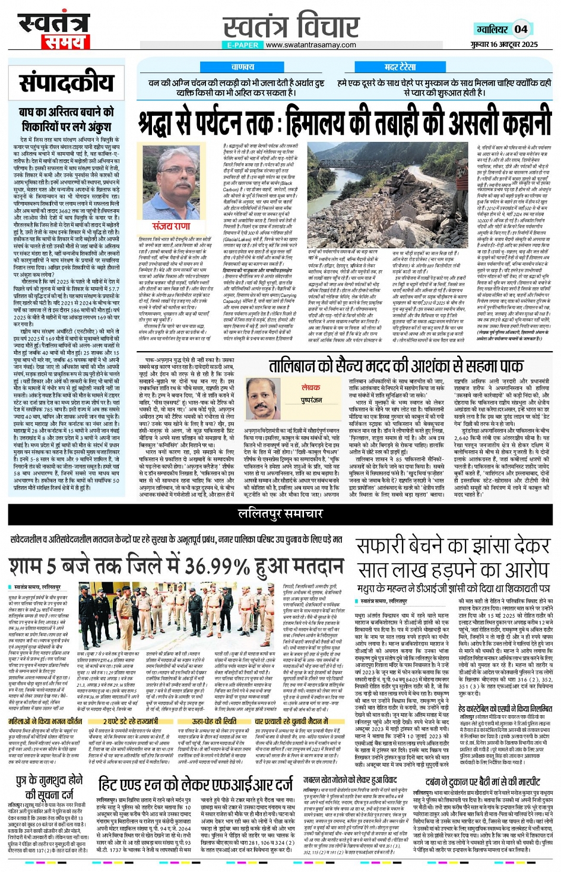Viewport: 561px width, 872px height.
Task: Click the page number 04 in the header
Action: click(x=521, y=29)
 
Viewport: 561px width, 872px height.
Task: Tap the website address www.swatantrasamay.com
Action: click(x=310, y=45)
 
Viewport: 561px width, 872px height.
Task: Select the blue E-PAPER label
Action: click(x=243, y=45)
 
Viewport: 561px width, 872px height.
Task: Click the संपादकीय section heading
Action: click(x=66, y=83)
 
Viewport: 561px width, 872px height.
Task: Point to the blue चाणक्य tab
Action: click(x=243, y=67)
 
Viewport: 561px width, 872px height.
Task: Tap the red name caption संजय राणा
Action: click(x=171, y=226)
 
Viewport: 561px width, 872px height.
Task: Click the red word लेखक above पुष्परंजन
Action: click(x=310, y=387)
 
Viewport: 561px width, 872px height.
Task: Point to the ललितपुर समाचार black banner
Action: click(x=280, y=514)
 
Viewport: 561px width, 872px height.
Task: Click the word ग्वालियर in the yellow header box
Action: click(x=492, y=29)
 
